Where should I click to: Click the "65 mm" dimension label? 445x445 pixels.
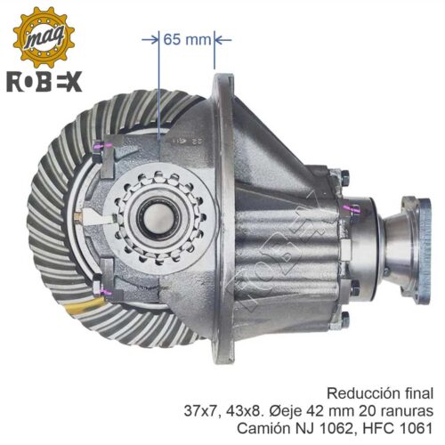pyautogui.click(x=187, y=39)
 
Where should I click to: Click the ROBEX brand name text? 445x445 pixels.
pyautogui.click(x=44, y=82)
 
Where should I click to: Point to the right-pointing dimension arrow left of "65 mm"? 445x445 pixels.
pyautogui.click(x=150, y=39)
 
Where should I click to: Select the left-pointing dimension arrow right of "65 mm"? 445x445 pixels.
pyautogui.click(x=222, y=39)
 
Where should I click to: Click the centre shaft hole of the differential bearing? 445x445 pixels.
pyautogui.click(x=158, y=218)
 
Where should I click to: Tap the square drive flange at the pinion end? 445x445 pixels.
pyautogui.click(x=417, y=252)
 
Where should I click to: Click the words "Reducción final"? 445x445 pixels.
pyautogui.click(x=380, y=393)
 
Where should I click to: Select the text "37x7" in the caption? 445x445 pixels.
pyautogui.click(x=199, y=411)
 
